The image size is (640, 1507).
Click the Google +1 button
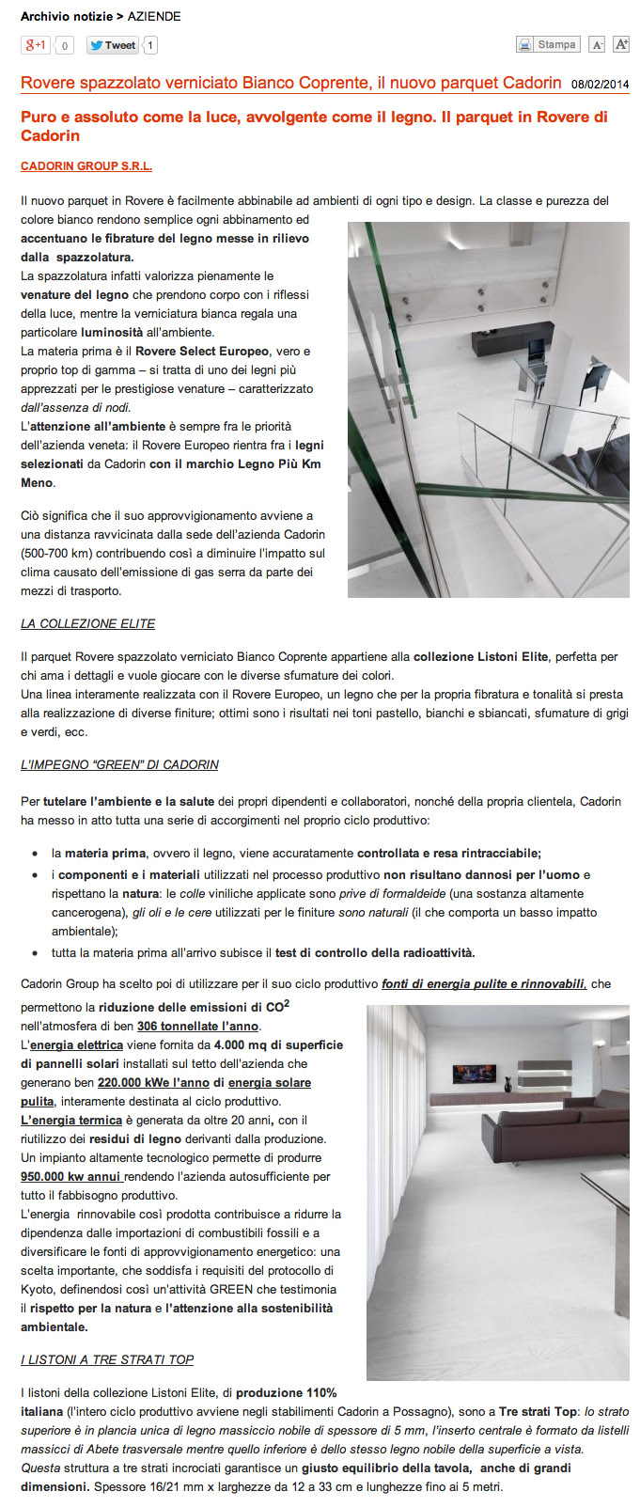pos(36,45)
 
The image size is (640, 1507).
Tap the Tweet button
pos(113,45)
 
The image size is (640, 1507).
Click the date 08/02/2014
pos(600,85)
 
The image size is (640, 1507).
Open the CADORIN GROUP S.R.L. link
pos(86,166)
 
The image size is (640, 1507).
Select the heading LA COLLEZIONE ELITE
pos(87,624)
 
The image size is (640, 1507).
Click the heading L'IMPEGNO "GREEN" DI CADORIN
pos(119,765)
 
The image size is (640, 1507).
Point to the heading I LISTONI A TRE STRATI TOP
pos(107,1360)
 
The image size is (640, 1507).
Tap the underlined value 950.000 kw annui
pos(70,1177)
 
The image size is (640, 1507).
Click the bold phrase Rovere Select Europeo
pos(202,352)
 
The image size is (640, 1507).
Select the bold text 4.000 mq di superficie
pos(278,1045)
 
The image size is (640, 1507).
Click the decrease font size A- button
pos(596,45)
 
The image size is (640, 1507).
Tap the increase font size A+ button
pos(620,45)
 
